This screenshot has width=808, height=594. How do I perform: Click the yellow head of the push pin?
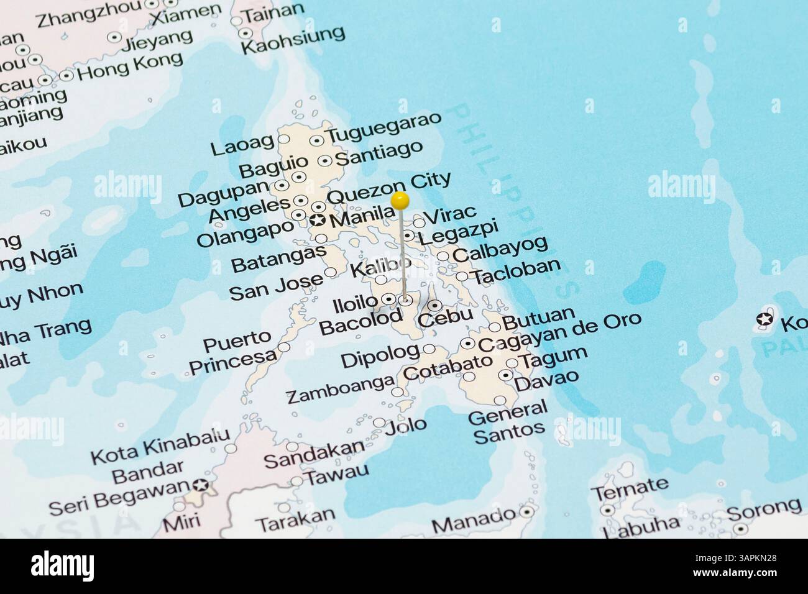(400, 200)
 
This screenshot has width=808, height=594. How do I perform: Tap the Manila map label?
(363, 219)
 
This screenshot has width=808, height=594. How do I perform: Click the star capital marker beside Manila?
(318, 220)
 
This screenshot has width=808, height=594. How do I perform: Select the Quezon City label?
(388, 187)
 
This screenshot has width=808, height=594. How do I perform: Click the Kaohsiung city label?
(292, 40)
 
